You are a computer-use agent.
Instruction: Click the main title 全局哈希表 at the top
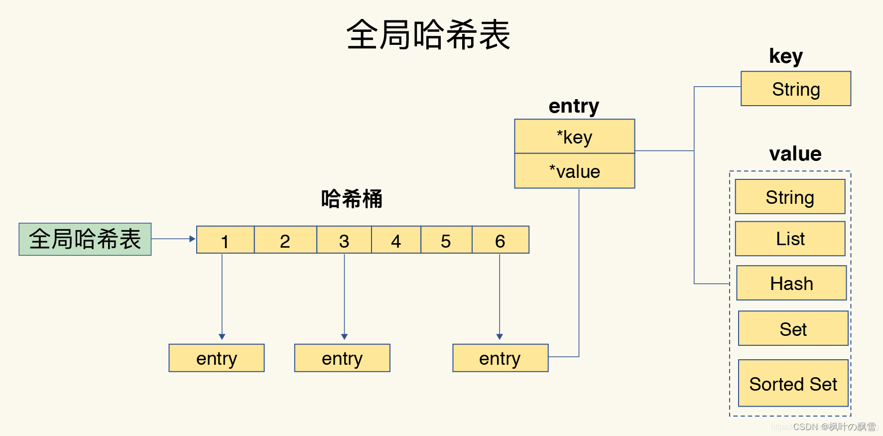pos(428,35)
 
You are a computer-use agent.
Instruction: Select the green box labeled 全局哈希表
pos(85,239)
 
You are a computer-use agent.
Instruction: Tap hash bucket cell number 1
pos(225,240)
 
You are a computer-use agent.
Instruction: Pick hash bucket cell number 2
pos(285,240)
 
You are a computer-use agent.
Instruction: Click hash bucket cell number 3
pos(344,240)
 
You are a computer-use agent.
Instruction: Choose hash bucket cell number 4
pos(396,240)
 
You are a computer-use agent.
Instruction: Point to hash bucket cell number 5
pos(446,240)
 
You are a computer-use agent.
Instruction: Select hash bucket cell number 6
pos(500,240)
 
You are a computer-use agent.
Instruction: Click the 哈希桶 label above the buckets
pos(352,199)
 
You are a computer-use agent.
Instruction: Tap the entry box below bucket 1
pos(217,358)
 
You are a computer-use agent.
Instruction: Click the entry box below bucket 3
pos(342,358)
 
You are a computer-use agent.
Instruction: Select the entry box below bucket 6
pos(500,358)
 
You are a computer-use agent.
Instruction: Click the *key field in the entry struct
pos(574,137)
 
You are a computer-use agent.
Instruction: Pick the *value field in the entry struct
pos(574,171)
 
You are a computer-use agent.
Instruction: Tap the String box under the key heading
pos(795,89)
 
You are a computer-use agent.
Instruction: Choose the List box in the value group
pos(790,239)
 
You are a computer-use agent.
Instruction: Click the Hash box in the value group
pos(791,283)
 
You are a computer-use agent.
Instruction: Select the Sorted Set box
pos(793,383)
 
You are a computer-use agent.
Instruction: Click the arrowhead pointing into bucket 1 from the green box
pos(192,239)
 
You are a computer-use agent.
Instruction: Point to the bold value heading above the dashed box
pos(795,153)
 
